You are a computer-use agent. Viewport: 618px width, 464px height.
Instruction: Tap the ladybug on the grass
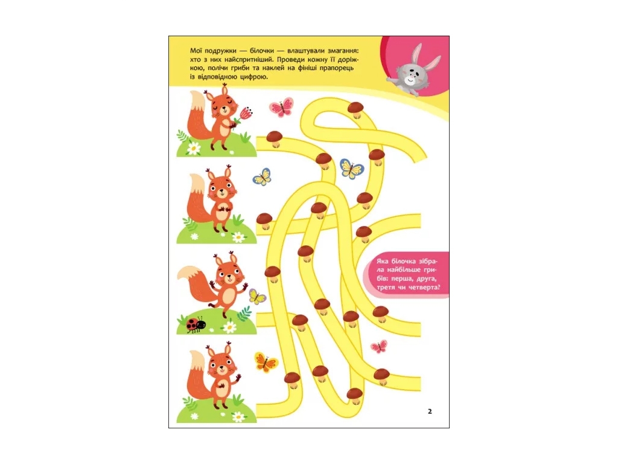[x=196, y=324]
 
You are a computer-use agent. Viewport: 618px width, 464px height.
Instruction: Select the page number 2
[x=430, y=411]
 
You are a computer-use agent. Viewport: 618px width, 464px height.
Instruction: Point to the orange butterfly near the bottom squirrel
[x=266, y=362]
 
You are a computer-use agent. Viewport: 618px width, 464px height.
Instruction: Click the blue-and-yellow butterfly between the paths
[x=352, y=169]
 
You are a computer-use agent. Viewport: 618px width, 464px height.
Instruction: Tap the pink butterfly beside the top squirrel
[x=281, y=108]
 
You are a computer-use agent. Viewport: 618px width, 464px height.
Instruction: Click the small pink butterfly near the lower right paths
[x=379, y=347]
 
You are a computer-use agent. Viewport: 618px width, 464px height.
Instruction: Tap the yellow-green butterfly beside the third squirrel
[x=257, y=297]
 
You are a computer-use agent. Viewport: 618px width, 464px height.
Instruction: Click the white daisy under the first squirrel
[x=194, y=148]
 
